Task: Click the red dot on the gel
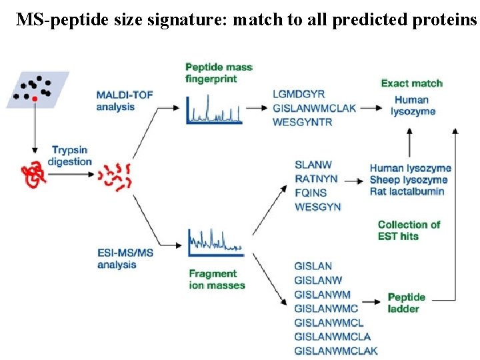click(35, 99)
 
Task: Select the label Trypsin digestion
click(71, 156)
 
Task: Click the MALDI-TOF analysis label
click(125, 101)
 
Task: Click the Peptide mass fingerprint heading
click(219, 73)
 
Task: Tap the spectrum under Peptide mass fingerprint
click(213, 109)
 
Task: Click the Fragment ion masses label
click(217, 279)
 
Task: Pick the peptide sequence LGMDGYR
click(299, 94)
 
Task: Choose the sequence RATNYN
click(316, 179)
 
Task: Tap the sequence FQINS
click(311, 193)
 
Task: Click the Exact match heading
click(411, 83)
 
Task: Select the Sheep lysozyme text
click(409, 180)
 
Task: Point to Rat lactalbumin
click(407, 192)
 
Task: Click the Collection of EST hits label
click(409, 230)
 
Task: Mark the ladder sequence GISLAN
click(313, 266)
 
